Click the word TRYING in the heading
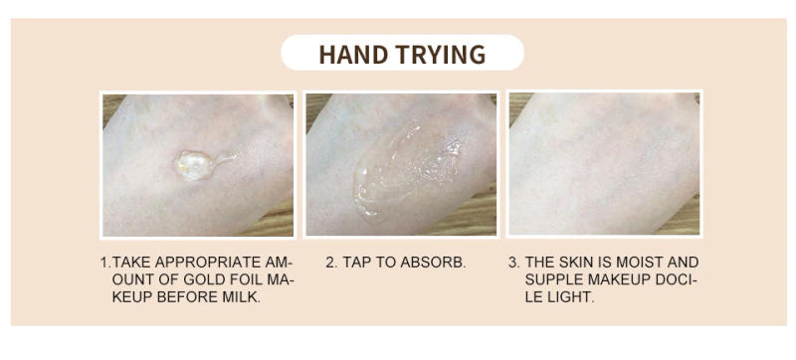(x=443, y=54)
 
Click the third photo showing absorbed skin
(x=604, y=164)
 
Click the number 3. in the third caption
(x=513, y=263)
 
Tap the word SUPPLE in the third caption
(x=553, y=279)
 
